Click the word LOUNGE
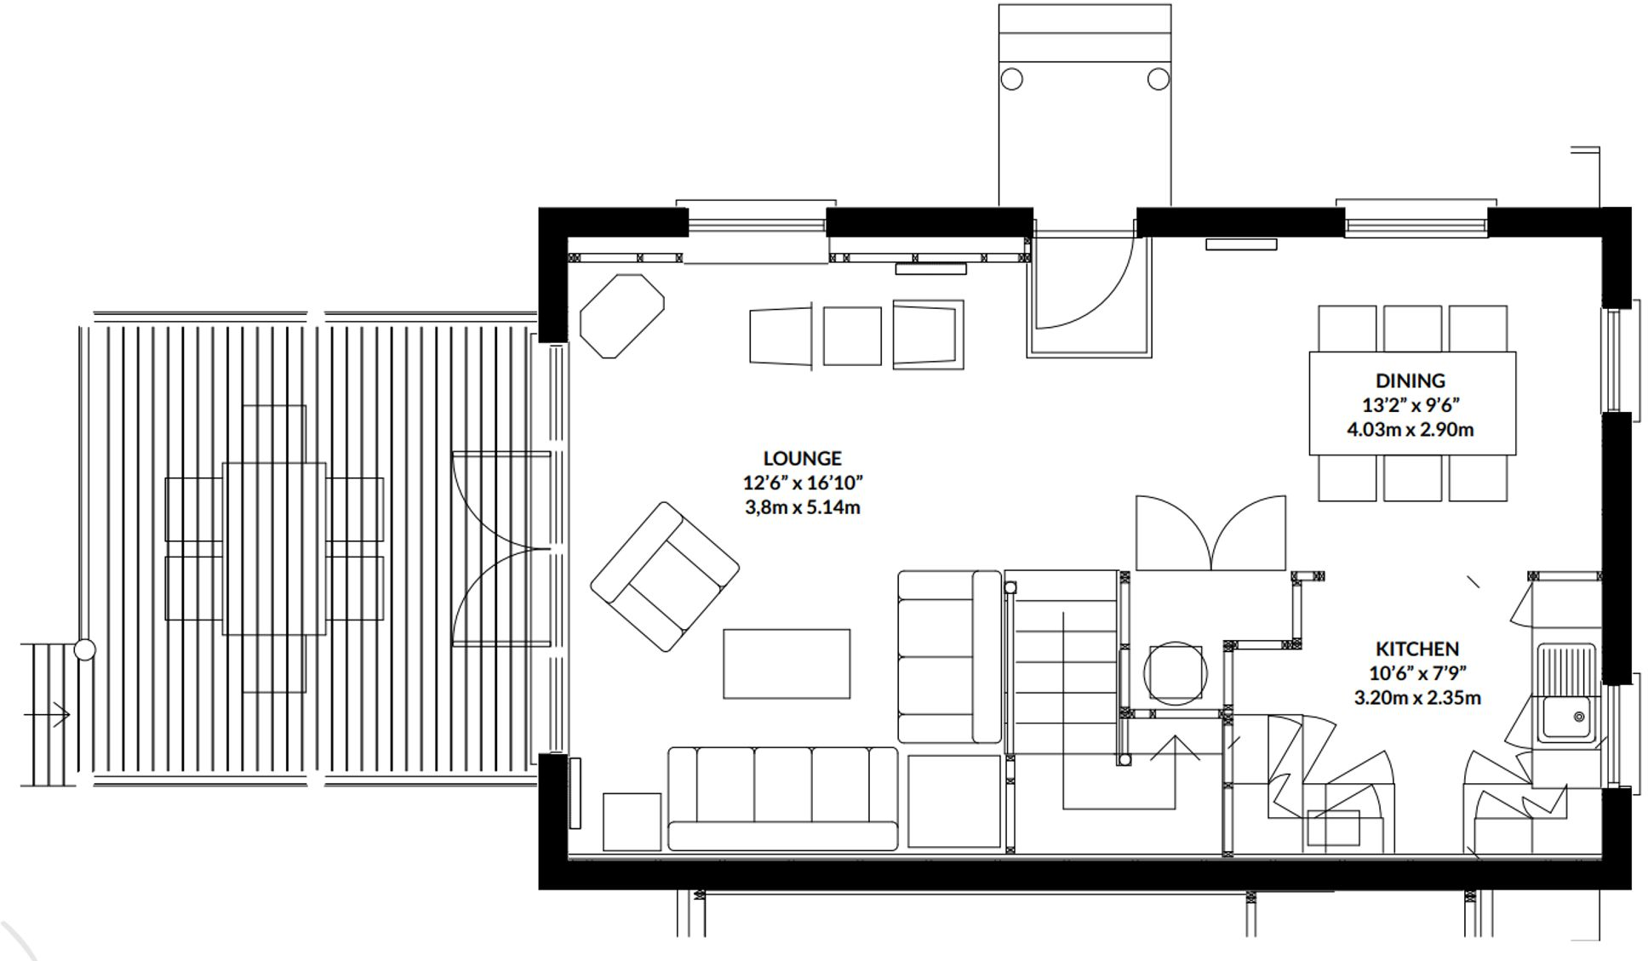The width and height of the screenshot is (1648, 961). pyautogui.click(x=802, y=459)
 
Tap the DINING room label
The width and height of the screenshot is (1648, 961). pyautogui.click(x=1410, y=380)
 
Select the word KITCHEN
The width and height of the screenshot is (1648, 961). pyautogui.click(x=1417, y=649)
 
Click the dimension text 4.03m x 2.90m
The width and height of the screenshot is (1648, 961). pyautogui.click(x=1410, y=430)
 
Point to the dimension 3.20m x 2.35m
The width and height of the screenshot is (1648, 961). pyautogui.click(x=1417, y=698)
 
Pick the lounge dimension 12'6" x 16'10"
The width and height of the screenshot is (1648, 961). pyautogui.click(x=802, y=483)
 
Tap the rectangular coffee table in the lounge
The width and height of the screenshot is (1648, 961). pyautogui.click(x=787, y=664)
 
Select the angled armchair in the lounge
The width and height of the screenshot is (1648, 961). pyautogui.click(x=665, y=576)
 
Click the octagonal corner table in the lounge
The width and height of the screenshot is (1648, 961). pyautogui.click(x=621, y=316)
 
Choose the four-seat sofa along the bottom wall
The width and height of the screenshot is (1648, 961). pyautogui.click(x=782, y=798)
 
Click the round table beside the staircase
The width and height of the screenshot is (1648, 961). pyautogui.click(x=1175, y=673)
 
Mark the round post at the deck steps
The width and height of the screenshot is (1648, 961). pyautogui.click(x=84, y=650)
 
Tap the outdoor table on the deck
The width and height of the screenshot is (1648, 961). pyautogui.click(x=274, y=549)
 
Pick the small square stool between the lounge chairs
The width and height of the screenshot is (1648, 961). pyautogui.click(x=852, y=336)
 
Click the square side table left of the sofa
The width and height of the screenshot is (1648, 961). pyautogui.click(x=632, y=821)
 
